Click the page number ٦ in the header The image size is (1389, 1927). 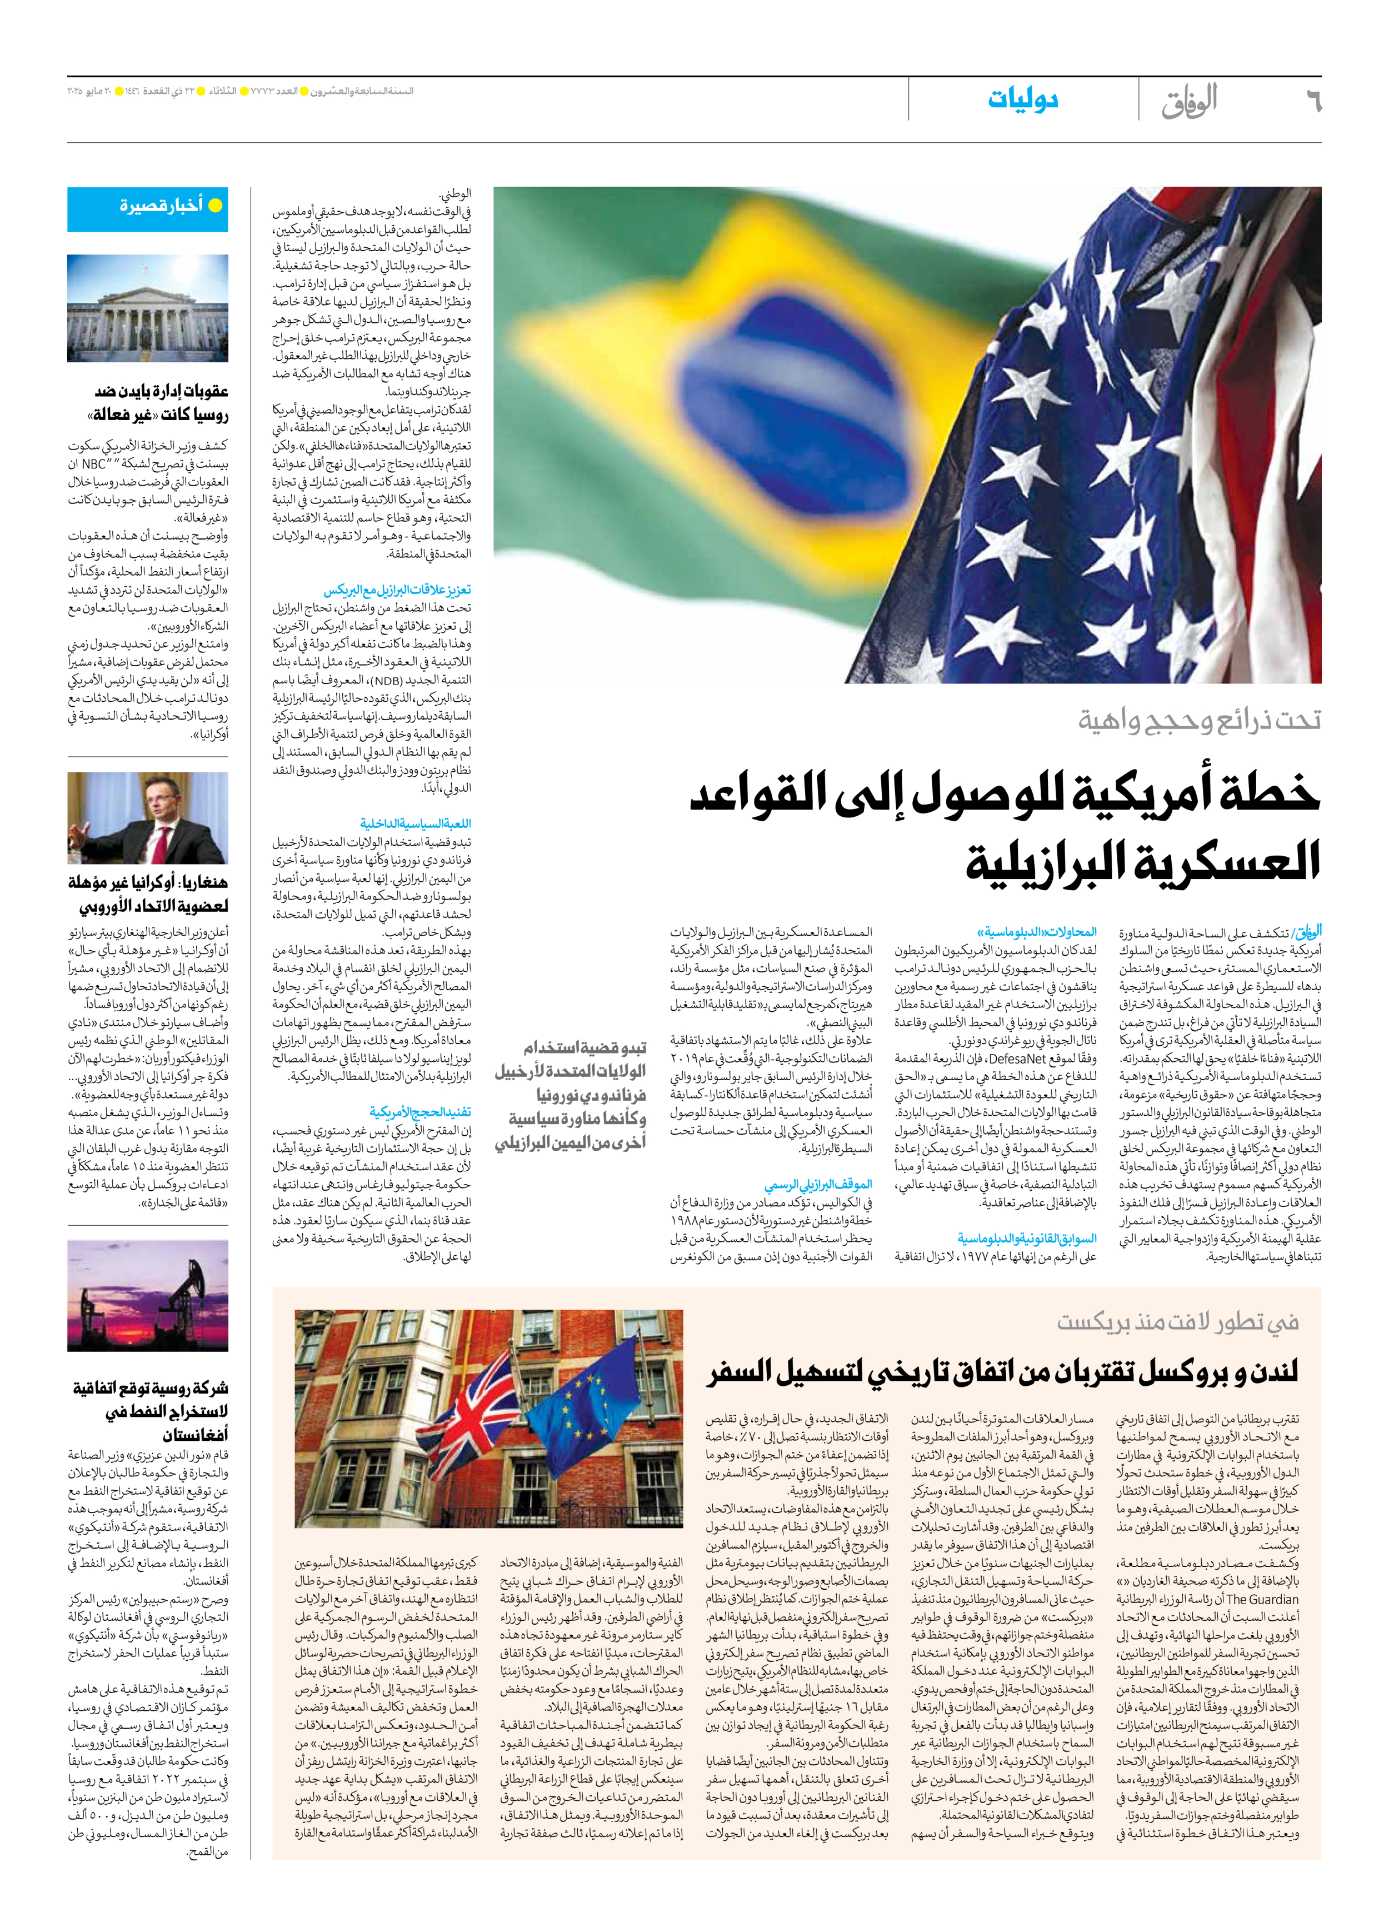pyautogui.click(x=1312, y=103)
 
